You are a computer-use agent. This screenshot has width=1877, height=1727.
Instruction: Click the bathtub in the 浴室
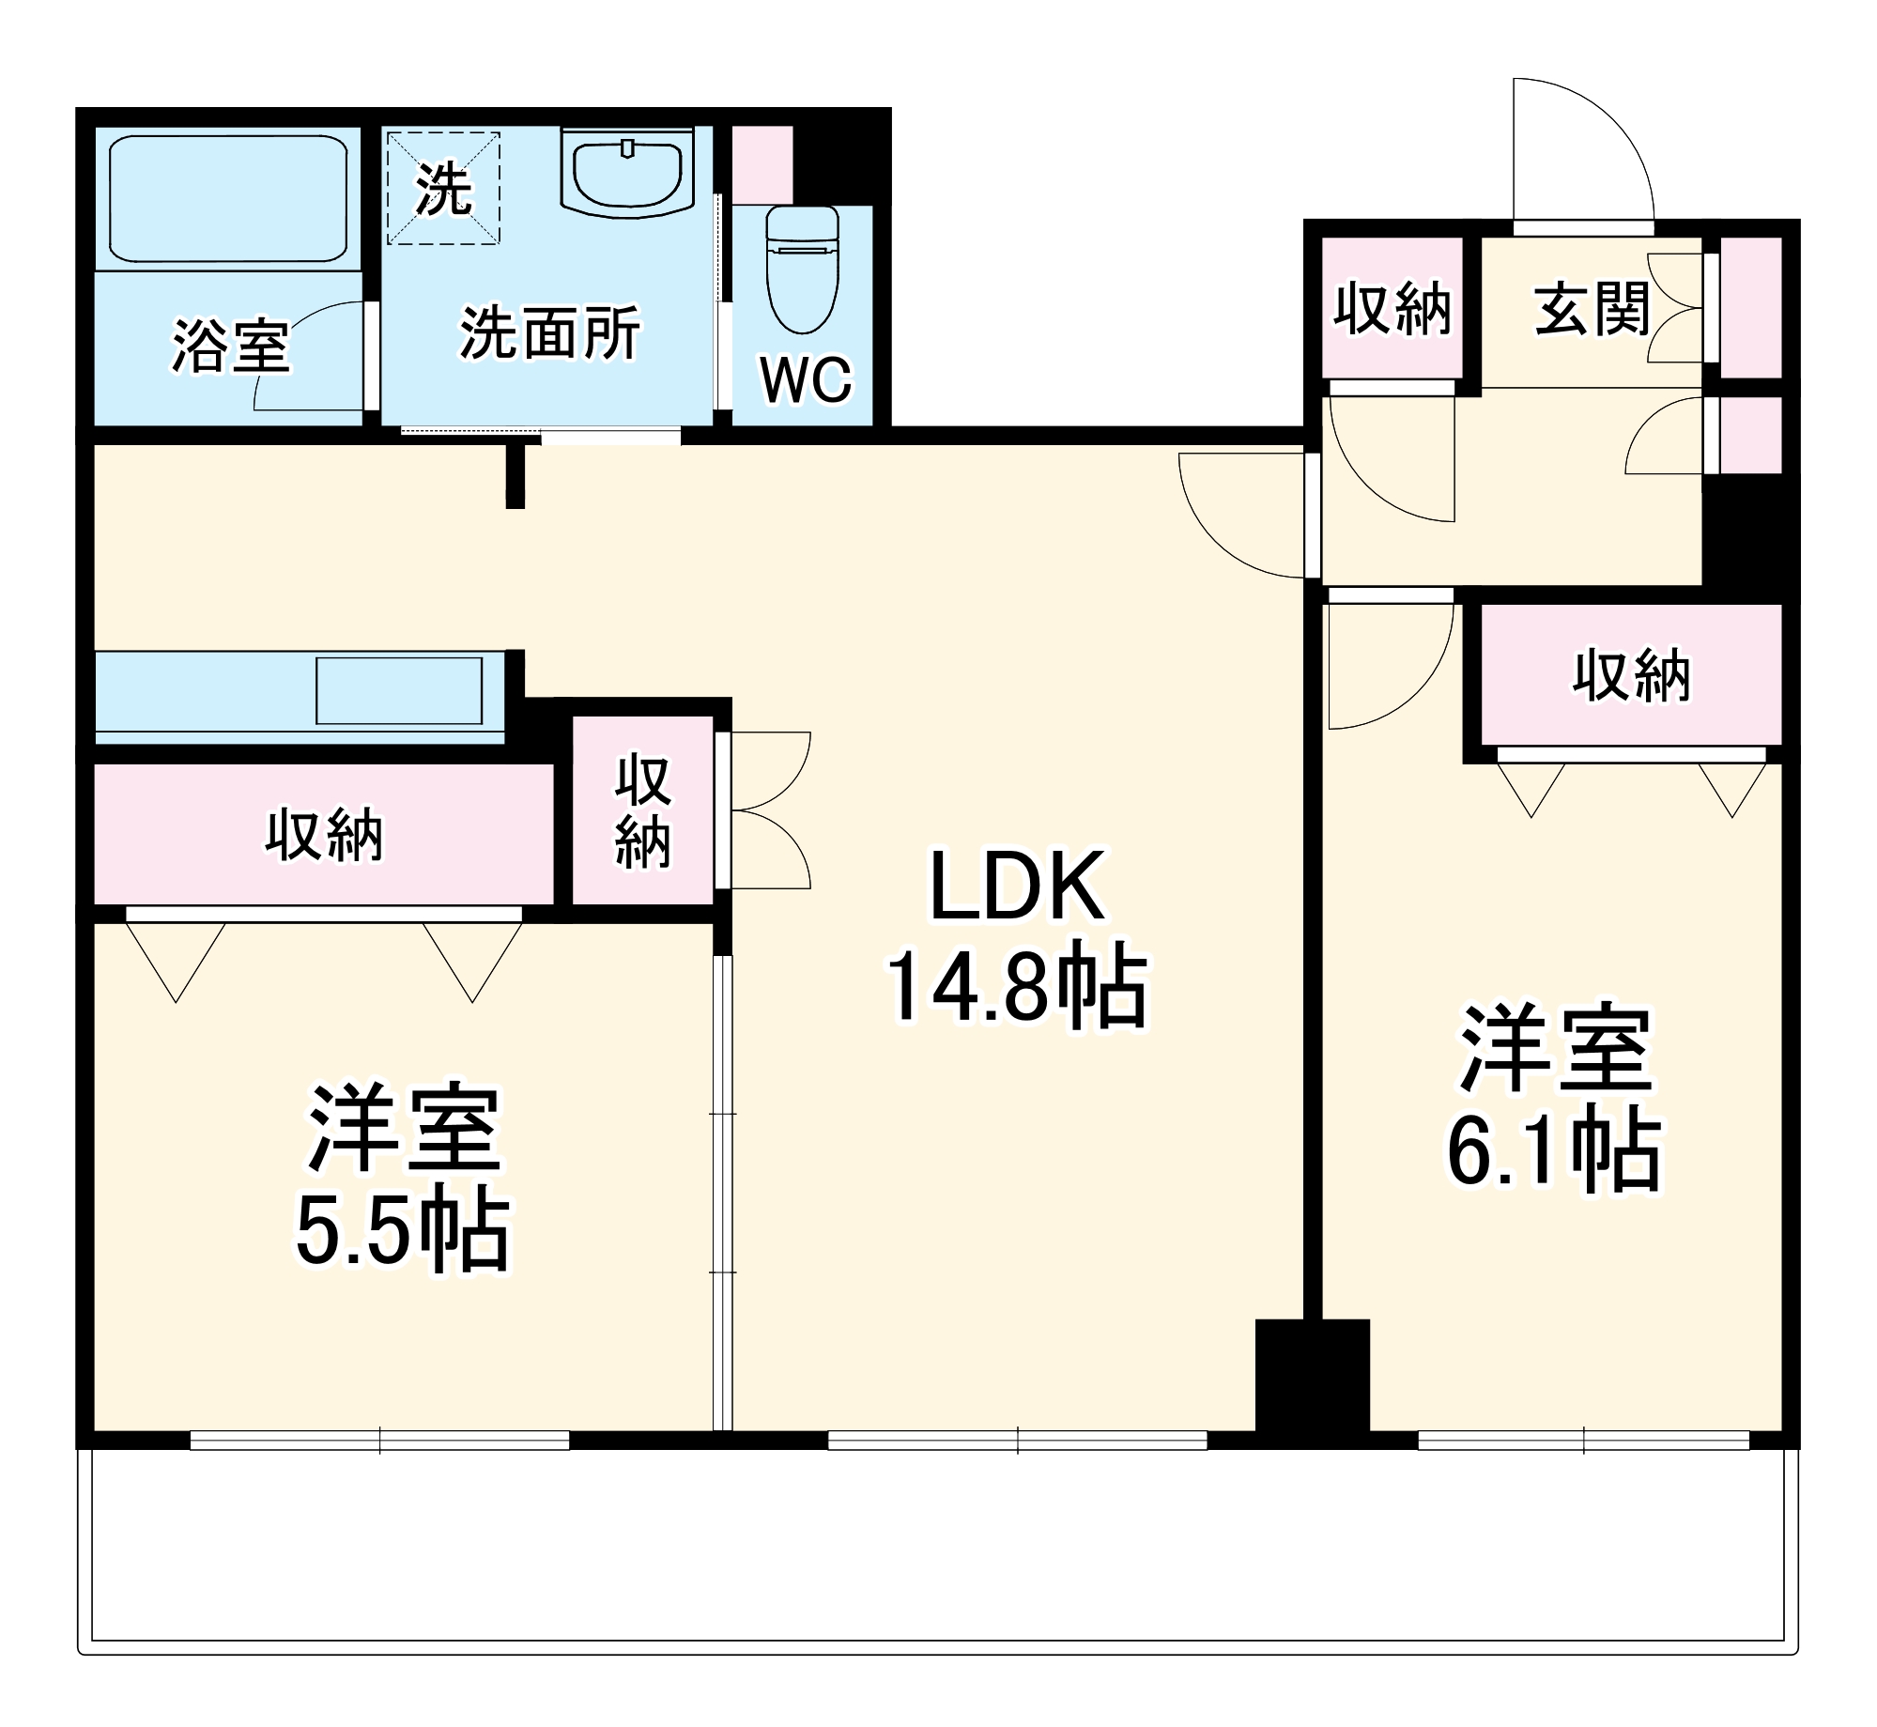click(x=228, y=198)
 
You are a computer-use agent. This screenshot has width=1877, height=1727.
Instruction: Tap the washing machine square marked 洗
click(x=443, y=188)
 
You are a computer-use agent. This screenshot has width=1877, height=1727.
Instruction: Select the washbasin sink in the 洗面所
click(x=627, y=175)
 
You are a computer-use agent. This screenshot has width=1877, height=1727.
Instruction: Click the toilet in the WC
click(x=802, y=272)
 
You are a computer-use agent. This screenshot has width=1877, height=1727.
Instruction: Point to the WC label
click(x=806, y=380)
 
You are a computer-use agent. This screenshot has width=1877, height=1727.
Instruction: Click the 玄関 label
click(x=1592, y=309)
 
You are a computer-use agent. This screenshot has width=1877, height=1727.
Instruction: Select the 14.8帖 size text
click(x=1017, y=987)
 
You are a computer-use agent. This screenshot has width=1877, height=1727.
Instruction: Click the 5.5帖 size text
click(x=403, y=1231)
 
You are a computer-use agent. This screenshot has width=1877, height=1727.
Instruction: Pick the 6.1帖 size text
click(x=1554, y=1151)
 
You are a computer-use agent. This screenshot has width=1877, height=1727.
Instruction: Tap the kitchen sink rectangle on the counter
click(x=399, y=691)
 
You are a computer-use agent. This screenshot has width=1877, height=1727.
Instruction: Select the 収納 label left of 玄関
click(x=1392, y=309)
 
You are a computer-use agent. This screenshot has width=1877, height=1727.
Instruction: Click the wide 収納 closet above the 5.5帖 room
click(x=323, y=834)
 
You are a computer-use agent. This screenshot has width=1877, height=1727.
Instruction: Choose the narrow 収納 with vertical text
click(x=643, y=810)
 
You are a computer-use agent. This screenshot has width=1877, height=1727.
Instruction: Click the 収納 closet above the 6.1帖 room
click(x=1631, y=675)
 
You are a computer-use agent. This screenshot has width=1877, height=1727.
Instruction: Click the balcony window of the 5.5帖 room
click(x=379, y=1440)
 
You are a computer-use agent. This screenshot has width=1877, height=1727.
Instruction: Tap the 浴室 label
click(x=230, y=347)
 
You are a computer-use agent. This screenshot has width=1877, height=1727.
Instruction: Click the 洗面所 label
click(x=549, y=332)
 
